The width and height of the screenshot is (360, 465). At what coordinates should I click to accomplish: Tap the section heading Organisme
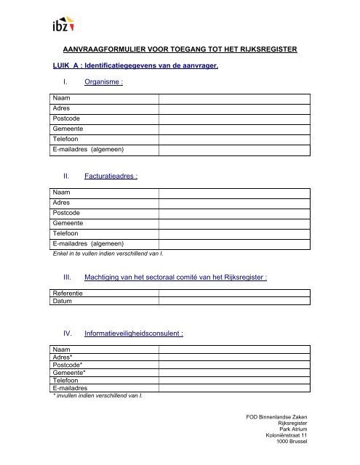pos(103,84)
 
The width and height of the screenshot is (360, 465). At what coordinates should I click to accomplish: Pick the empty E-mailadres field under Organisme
pos(236,149)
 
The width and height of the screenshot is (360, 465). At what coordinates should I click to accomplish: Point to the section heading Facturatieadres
pos(111,175)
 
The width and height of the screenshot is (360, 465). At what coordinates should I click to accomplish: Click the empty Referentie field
pos(236,293)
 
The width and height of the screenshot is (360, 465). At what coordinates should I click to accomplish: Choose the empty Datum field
pos(236,300)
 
